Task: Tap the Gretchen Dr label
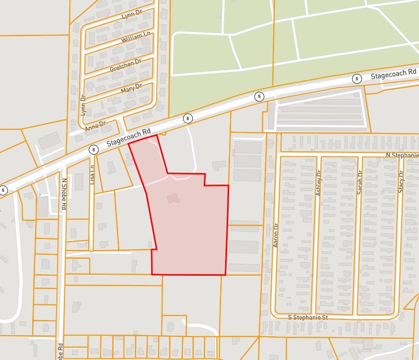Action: click(125, 65)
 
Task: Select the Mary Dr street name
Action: click(131, 89)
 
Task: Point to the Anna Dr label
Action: click(95, 126)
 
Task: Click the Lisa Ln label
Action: click(92, 175)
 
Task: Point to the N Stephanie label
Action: click(402, 155)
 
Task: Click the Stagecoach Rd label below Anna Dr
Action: click(129, 140)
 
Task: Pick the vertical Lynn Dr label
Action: click(83, 106)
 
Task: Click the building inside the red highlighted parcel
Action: click(173, 198)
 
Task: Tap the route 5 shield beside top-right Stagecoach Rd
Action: click(357, 79)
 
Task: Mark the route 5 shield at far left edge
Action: click(3, 190)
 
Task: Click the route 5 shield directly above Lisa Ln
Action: click(93, 149)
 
